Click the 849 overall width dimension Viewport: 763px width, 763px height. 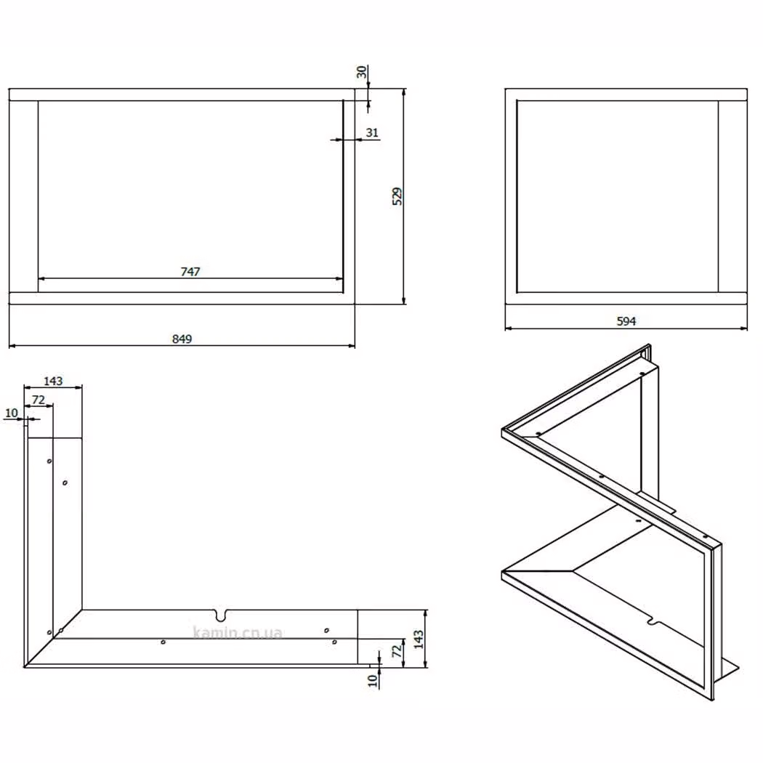182,339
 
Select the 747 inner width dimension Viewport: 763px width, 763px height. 190,272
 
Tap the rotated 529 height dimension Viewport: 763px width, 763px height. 397,196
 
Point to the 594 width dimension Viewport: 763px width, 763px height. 626,321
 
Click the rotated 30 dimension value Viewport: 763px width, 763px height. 361,72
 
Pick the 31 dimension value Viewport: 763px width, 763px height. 372,132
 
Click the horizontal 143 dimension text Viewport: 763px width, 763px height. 53,381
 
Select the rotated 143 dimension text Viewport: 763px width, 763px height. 419,639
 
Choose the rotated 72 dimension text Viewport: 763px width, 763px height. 397,650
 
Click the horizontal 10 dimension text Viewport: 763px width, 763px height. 11,413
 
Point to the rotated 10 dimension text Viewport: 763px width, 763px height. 373,680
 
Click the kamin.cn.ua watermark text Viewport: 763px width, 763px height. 238,632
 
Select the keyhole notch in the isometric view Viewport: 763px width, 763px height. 653,622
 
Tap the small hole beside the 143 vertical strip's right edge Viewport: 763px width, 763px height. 65,483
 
